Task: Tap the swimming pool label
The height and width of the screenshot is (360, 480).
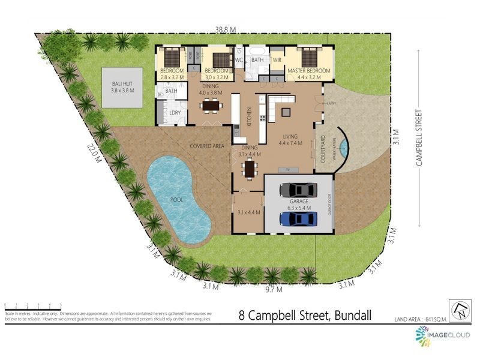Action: pyautogui.click(x=176, y=199)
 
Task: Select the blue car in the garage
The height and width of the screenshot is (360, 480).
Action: pyautogui.click(x=298, y=219)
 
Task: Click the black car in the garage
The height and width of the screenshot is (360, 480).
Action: pyautogui.click(x=298, y=189)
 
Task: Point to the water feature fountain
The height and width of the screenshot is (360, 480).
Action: pyautogui.click(x=343, y=146)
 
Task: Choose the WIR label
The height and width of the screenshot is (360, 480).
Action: pyautogui.click(x=277, y=60)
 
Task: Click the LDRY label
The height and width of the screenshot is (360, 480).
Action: pyautogui.click(x=175, y=112)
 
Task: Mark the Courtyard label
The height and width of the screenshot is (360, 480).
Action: pyautogui.click(x=323, y=149)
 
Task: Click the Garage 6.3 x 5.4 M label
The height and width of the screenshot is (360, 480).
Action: pyautogui.click(x=298, y=205)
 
